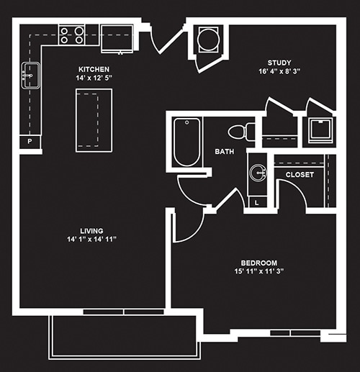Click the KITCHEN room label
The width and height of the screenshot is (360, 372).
[x=94, y=69]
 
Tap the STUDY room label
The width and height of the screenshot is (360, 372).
[x=279, y=63]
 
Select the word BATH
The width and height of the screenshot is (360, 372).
[x=225, y=152]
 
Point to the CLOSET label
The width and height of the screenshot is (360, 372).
[x=300, y=175]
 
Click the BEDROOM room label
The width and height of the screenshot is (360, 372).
[x=259, y=263]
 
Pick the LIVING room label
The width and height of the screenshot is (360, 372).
[x=91, y=231]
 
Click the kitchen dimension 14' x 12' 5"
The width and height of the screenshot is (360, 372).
[x=94, y=78]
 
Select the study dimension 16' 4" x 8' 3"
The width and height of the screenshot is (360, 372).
[x=279, y=71]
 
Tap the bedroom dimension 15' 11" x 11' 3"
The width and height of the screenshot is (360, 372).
[x=259, y=271]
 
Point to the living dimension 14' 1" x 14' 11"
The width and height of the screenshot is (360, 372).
[x=91, y=239]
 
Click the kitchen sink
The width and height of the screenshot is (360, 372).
[x=31, y=76]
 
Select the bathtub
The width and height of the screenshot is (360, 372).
[x=186, y=142]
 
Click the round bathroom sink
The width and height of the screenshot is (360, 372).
[x=258, y=173]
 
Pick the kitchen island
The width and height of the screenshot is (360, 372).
[x=94, y=120]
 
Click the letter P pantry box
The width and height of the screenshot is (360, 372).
[x=30, y=142]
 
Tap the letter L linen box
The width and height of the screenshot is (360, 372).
[x=257, y=203]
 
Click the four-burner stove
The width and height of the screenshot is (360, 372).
[x=71, y=35]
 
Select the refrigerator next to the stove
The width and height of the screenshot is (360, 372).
[x=117, y=38]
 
